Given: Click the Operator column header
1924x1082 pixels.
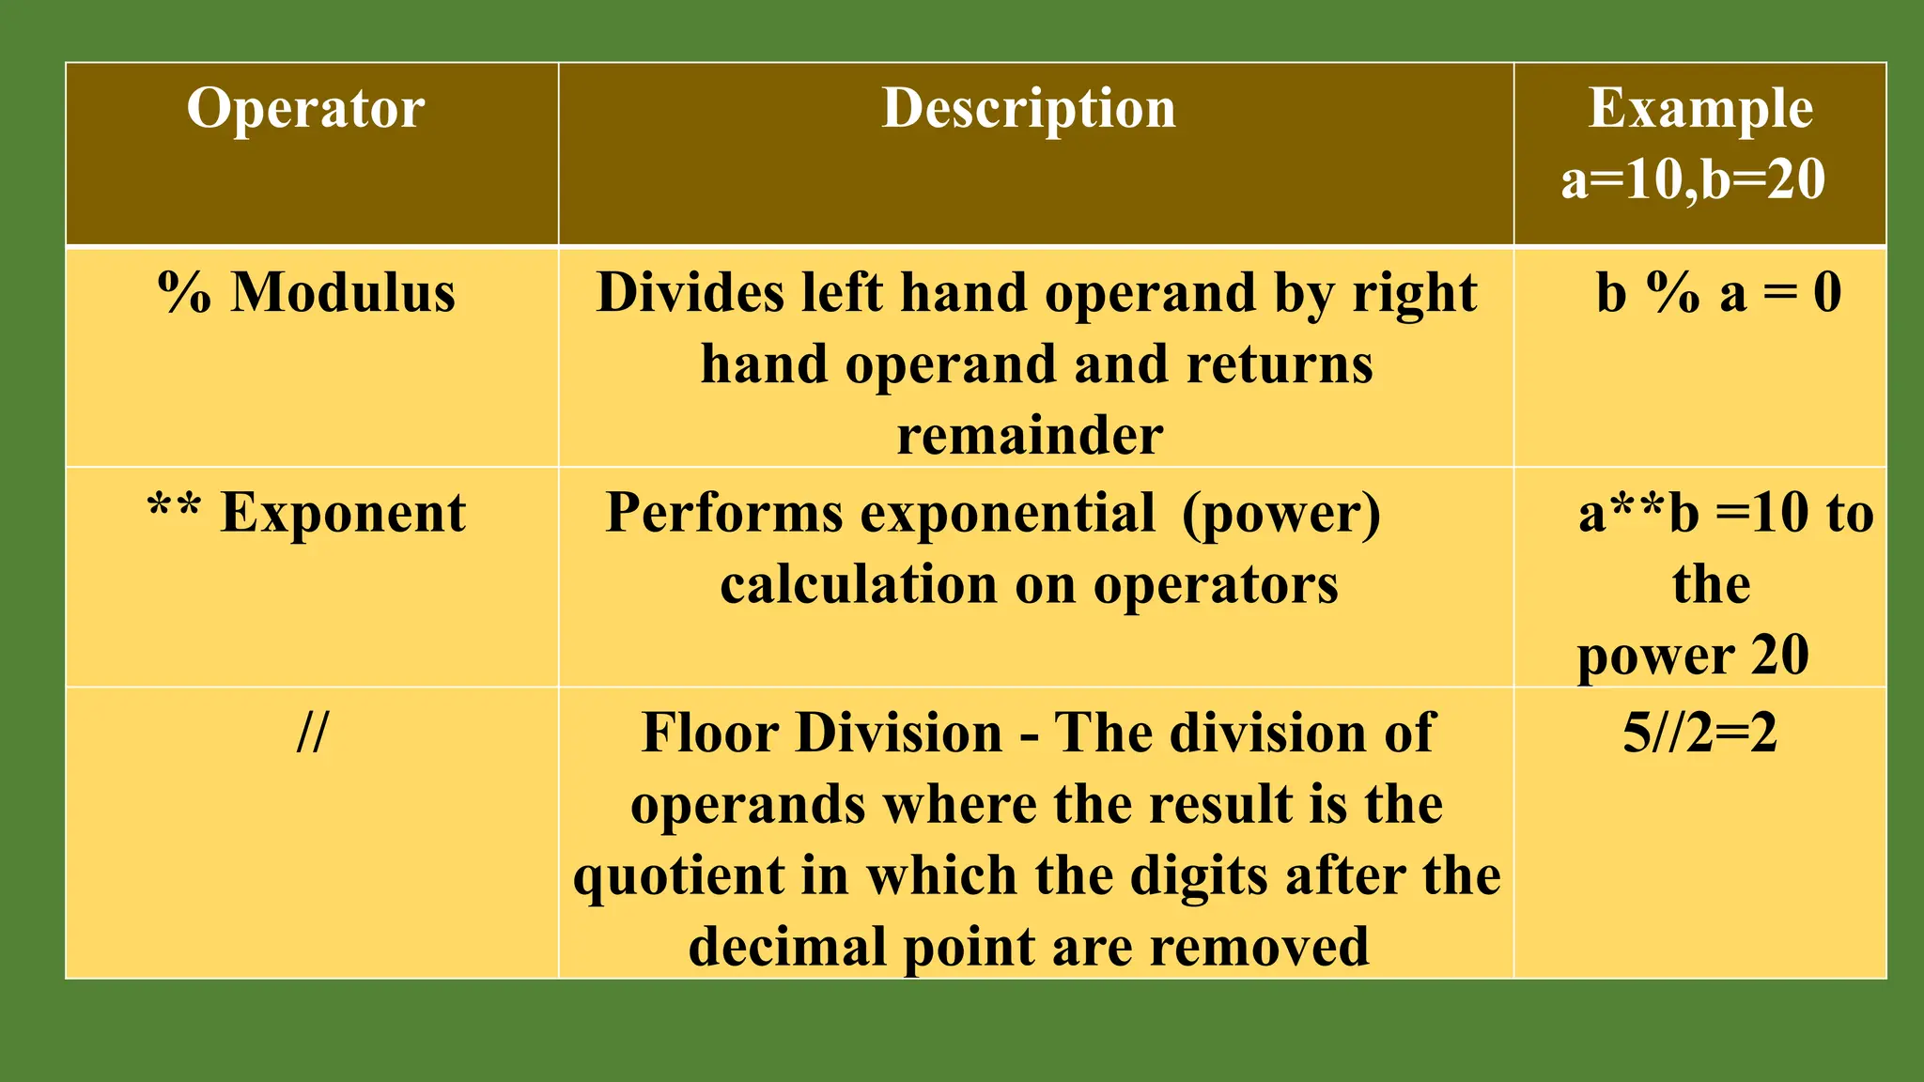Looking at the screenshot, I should pyautogui.click(x=305, y=109).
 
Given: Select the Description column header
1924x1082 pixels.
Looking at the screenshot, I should pyautogui.click(x=1029, y=109).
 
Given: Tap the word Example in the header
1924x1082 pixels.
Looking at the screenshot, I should pyautogui.click(x=1700, y=109).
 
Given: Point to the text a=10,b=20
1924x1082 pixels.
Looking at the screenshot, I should pyautogui.click(x=1693, y=179).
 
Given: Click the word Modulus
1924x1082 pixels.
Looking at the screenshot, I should pyautogui.click(x=343, y=293).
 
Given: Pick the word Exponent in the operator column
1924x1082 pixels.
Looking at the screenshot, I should pyautogui.click(x=343, y=514).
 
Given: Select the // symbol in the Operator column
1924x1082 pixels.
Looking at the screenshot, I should pyautogui.click(x=312, y=733).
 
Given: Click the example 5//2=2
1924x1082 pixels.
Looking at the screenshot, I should pyautogui.click(x=1699, y=733).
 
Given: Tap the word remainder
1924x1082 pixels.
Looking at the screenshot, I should pyautogui.click(x=1030, y=436).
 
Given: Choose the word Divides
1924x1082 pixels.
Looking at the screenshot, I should pyautogui.click(x=691, y=293).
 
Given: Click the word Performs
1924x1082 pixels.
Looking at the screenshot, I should pyautogui.click(x=724, y=514).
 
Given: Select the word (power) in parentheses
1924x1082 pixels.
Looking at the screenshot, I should pyautogui.click(x=1281, y=514).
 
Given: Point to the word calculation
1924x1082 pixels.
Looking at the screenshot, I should pyautogui.click(x=859, y=585).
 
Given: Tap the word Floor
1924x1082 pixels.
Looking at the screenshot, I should pyautogui.click(x=715, y=733).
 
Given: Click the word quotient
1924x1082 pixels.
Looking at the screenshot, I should pyautogui.click(x=679, y=876).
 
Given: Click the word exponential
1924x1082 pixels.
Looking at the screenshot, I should pyautogui.click(x=1008, y=514).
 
